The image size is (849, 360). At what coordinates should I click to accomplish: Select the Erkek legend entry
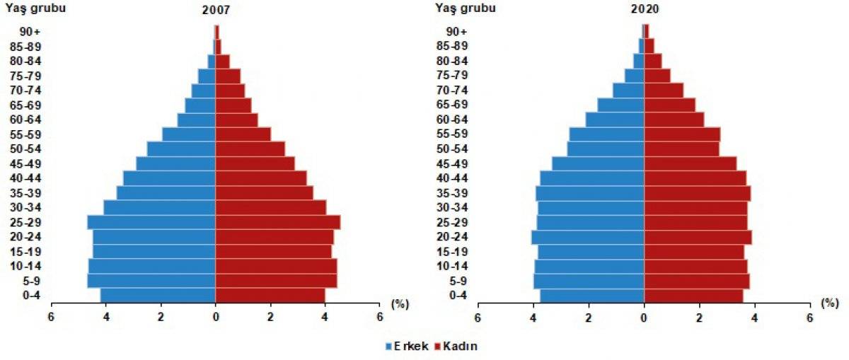pos(407,347)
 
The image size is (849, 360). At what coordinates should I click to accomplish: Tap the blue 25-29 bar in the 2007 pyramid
pos(151,222)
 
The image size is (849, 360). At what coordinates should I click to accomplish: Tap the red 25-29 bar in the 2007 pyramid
pos(277,222)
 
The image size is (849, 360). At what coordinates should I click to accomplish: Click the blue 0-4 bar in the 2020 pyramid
pos(592,296)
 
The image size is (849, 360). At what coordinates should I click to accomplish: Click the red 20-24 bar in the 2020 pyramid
pos(698,237)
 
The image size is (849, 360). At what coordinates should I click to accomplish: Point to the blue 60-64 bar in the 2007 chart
pos(197,120)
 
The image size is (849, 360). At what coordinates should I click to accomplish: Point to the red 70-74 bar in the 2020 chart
pos(664,90)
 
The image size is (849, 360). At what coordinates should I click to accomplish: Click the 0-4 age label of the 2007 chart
pos(31,296)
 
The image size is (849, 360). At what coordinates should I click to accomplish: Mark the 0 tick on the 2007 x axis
pos(215,318)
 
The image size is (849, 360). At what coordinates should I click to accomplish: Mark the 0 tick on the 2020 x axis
pos(644,318)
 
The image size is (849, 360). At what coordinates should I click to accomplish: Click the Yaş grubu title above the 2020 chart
pos(465,8)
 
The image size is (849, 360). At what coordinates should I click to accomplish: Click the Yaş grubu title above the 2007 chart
pos(36,8)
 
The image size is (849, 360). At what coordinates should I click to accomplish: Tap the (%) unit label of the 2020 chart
pos(830,303)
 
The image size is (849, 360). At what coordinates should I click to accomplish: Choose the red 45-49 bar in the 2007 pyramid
pos(255,163)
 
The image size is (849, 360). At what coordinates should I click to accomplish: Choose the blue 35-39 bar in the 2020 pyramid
pos(590,193)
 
